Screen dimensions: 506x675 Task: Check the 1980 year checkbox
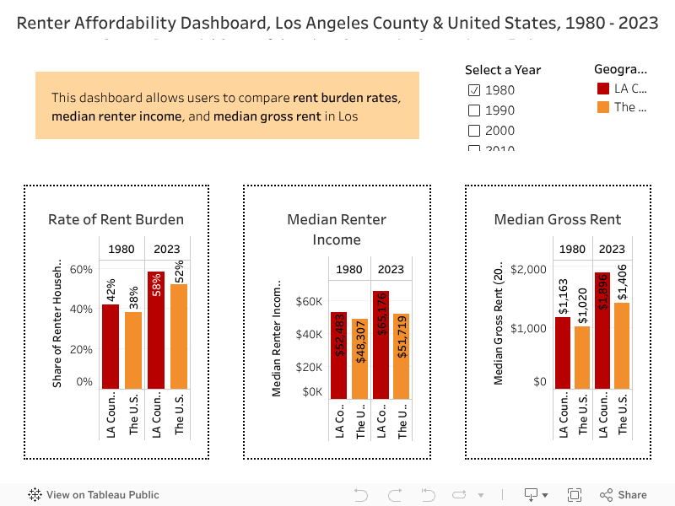click(x=474, y=90)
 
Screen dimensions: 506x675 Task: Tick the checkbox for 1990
click(x=474, y=110)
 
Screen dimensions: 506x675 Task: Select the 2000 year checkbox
click(x=474, y=131)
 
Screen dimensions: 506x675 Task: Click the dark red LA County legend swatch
click(x=602, y=88)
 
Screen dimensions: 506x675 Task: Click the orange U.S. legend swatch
click(x=602, y=107)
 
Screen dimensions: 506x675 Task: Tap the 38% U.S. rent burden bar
click(x=133, y=351)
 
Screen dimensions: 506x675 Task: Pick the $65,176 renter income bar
click(x=381, y=345)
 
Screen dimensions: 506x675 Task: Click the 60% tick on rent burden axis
click(x=81, y=269)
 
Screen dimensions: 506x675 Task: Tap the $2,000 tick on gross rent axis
click(x=529, y=269)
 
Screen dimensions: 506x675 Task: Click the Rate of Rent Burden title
click(x=116, y=219)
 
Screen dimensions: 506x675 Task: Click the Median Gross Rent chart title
click(x=558, y=219)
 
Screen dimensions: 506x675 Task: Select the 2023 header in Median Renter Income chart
click(x=391, y=269)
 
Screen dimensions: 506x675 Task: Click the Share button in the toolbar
click(x=624, y=495)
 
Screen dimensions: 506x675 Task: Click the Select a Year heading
click(x=503, y=70)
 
